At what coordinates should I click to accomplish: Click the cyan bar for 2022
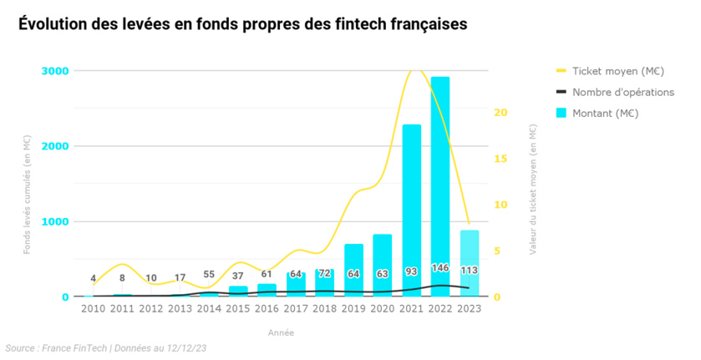click(440, 184)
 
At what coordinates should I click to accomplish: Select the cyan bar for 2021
click(411, 209)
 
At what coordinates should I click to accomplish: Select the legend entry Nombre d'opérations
click(622, 92)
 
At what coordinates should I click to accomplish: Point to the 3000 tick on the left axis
click(55, 71)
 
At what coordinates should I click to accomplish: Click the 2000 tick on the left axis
click(55, 146)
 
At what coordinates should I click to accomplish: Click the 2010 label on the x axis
click(93, 309)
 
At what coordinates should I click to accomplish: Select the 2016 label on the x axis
click(267, 309)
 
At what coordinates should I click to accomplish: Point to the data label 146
click(440, 268)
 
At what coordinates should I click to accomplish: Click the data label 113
click(470, 270)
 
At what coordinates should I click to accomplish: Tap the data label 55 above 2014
click(209, 274)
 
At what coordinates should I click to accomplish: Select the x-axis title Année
click(281, 332)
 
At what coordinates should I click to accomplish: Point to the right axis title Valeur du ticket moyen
click(533, 188)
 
